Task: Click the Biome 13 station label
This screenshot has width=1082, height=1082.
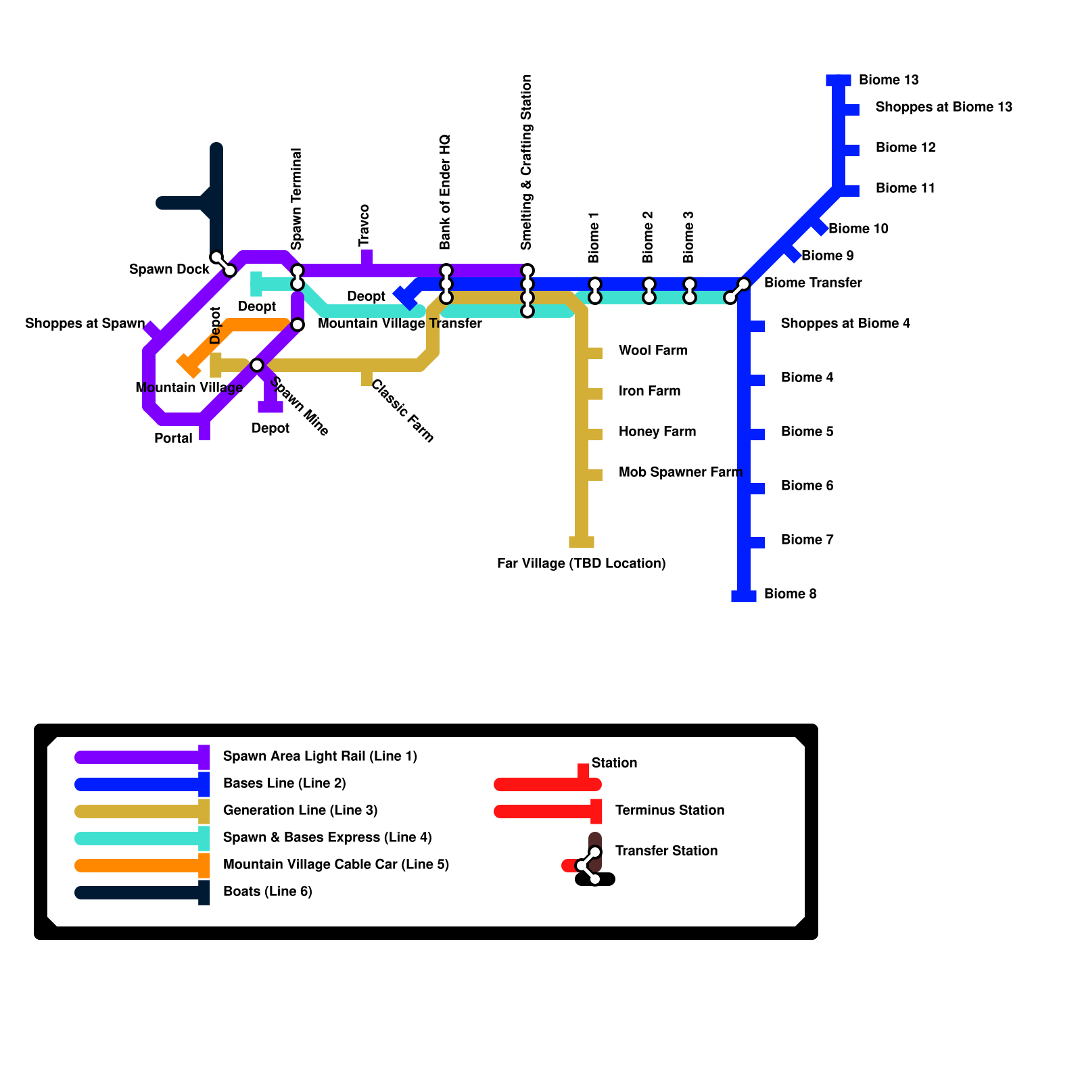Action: pos(889,80)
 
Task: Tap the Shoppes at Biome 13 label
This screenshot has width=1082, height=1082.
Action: pos(943,108)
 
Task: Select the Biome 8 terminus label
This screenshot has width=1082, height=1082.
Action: pos(790,594)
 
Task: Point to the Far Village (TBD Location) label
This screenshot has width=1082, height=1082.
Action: pos(581,564)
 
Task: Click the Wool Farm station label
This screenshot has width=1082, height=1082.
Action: pos(653,351)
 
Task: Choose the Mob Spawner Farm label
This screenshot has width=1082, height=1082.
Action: pos(680,473)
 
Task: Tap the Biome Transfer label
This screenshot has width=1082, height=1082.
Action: pos(812,283)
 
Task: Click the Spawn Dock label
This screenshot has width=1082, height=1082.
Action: pos(169,270)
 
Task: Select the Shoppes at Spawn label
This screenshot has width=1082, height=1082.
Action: pos(85,324)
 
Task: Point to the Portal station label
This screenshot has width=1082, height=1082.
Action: pos(173,439)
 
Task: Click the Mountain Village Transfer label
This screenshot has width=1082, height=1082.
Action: pos(400,324)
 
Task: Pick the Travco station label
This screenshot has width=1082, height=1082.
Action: pos(364,225)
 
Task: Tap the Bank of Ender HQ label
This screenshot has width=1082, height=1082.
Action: pos(445,192)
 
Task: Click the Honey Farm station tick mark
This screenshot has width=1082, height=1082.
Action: pos(594,434)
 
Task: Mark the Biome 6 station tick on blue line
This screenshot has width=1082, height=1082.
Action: pos(757,488)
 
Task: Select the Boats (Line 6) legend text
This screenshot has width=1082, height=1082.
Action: pos(267,892)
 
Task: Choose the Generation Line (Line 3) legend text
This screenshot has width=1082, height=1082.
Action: pos(300,811)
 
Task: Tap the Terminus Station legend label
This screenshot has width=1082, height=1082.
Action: pos(669,811)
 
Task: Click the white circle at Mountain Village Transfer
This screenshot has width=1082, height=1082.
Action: pos(298,325)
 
